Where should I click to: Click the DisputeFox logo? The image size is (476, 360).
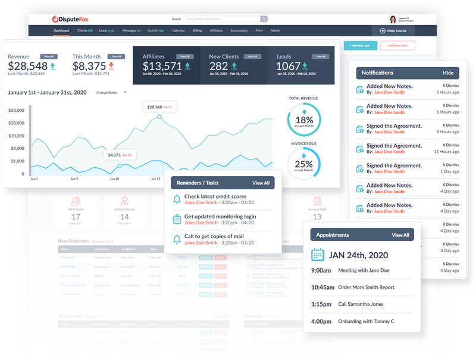tap(71, 19)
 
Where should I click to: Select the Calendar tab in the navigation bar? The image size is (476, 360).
tap(178, 30)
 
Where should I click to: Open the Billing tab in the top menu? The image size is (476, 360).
tap(197, 30)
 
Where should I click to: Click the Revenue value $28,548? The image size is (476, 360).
tap(27, 66)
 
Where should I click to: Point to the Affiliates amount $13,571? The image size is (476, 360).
tap(162, 66)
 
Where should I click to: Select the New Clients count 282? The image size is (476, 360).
tap(218, 66)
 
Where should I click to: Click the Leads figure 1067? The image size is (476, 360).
tap(289, 66)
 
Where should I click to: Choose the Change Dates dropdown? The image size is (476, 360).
tap(111, 93)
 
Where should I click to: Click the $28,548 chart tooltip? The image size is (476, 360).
tap(159, 107)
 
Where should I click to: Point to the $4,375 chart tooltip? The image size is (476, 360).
tap(120, 155)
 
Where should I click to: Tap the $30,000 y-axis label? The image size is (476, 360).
tap(16, 111)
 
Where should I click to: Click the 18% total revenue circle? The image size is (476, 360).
tap(303, 120)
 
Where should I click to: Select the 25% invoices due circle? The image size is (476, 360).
tap(303, 163)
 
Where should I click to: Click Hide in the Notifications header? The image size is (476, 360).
tap(447, 73)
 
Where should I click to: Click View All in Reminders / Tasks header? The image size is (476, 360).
tap(261, 183)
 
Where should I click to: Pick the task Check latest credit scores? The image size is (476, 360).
tap(215, 196)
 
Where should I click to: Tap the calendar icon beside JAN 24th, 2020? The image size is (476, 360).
tap(318, 255)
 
